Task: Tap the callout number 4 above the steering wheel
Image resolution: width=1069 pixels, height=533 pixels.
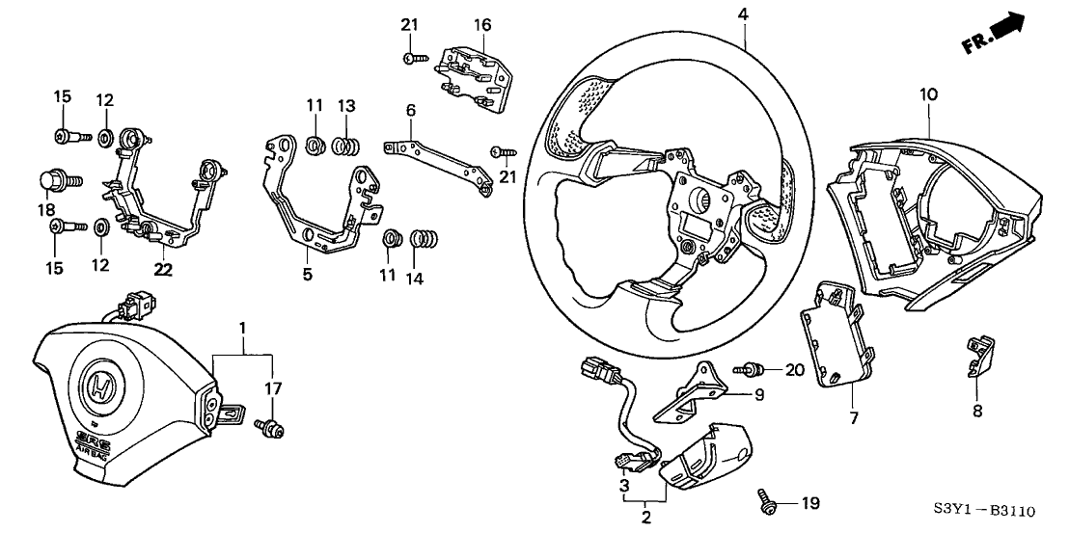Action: click(744, 14)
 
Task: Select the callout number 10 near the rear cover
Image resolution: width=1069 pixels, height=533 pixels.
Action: click(927, 95)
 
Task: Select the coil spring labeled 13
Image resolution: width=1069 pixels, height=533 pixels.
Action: click(345, 147)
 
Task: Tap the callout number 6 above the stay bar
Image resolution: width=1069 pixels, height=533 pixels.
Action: click(411, 112)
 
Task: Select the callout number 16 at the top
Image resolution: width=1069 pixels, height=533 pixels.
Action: click(482, 23)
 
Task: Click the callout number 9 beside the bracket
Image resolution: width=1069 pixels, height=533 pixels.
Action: click(758, 394)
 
